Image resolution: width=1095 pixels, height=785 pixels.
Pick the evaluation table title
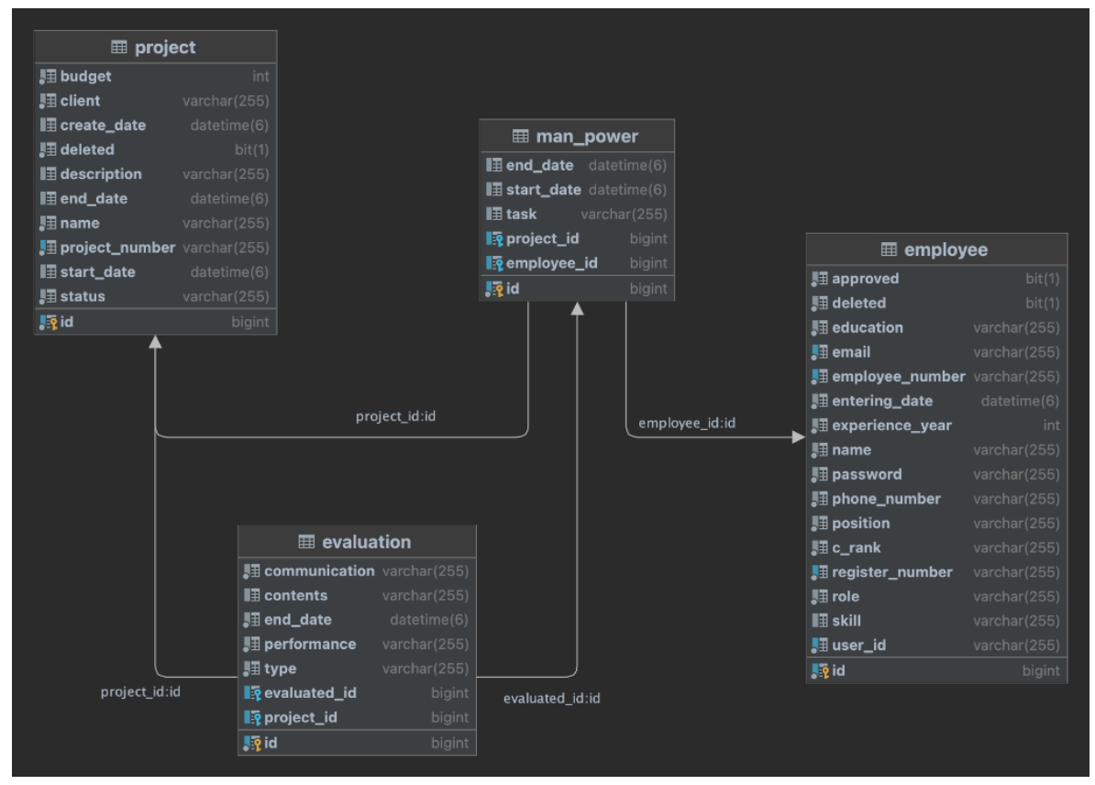click(366, 542)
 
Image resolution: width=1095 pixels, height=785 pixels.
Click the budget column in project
click(85, 76)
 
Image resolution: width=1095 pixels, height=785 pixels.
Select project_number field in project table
click(116, 248)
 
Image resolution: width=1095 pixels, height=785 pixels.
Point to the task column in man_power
click(521, 215)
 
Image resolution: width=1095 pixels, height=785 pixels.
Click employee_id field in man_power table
click(551, 263)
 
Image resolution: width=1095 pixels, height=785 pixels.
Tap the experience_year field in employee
click(891, 426)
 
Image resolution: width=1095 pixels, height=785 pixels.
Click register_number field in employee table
click(891, 572)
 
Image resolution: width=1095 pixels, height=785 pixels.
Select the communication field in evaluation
click(319, 570)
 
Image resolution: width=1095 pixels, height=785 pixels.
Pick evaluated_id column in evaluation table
click(310, 693)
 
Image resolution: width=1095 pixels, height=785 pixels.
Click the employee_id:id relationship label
click(687, 423)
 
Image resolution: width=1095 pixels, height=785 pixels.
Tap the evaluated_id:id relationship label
click(552, 699)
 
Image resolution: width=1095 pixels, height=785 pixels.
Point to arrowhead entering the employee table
click(799, 437)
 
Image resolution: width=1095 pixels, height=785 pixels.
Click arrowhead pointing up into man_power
click(577, 309)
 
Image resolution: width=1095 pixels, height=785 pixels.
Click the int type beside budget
click(260, 76)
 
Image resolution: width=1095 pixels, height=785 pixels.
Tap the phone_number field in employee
click(886, 499)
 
